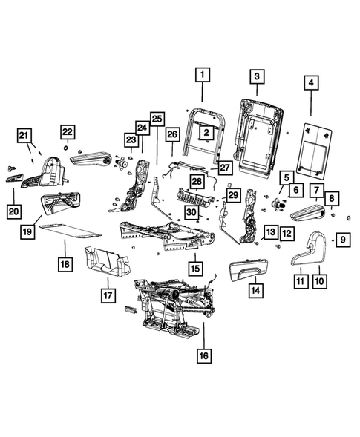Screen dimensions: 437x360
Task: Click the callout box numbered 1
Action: (x=203, y=75)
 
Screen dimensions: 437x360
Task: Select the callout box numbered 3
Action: (x=256, y=76)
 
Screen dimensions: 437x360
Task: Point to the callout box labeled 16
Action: (x=203, y=356)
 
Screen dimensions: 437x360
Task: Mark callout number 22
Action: (x=68, y=132)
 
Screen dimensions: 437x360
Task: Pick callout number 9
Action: (x=343, y=239)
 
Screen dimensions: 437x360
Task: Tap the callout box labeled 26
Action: (x=171, y=134)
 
